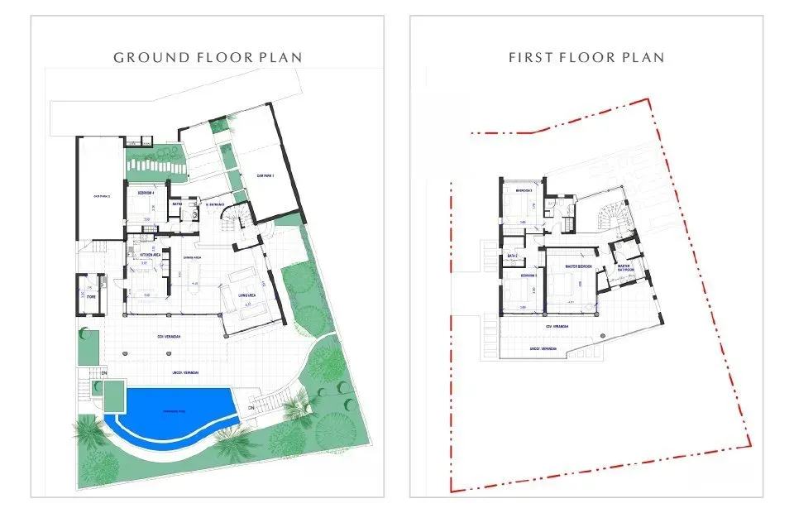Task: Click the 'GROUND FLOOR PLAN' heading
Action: (x=207, y=57)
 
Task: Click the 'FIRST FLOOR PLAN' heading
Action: (x=586, y=57)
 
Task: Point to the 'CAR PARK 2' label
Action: (x=102, y=196)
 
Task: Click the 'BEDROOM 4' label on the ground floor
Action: (x=146, y=193)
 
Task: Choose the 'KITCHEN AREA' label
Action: (x=150, y=255)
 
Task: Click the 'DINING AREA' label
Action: (x=193, y=257)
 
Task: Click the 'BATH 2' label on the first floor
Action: (x=513, y=256)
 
